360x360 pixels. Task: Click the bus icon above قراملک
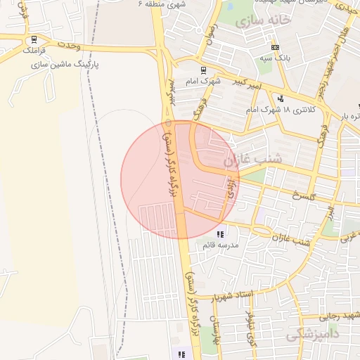[x=34, y=39]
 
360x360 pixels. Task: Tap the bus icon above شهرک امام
[x=203, y=70]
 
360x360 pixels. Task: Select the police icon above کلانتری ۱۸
[x=281, y=98]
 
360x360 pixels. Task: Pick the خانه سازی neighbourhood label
[x=264, y=21]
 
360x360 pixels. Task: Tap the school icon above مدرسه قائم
[x=220, y=235]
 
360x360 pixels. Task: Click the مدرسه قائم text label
[x=220, y=245]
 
